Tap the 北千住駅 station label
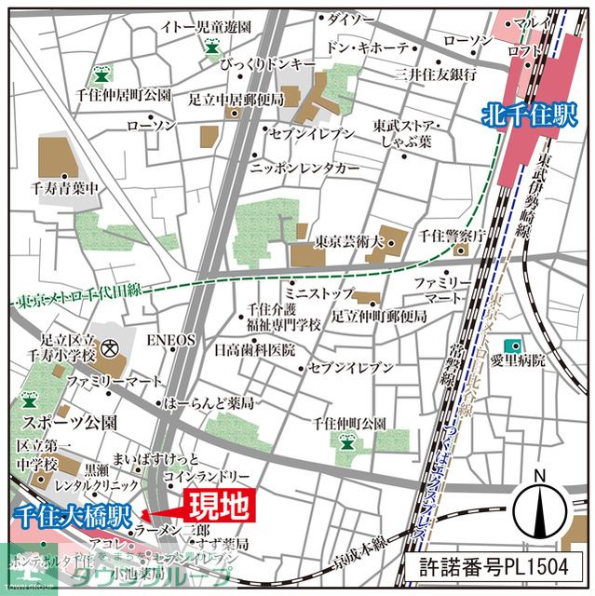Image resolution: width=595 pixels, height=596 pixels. pos(530,115)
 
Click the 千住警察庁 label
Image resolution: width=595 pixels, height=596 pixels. pos(453,236)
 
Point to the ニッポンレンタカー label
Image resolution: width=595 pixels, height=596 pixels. pos(304,168)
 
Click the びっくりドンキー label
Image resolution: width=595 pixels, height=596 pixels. pos(269,64)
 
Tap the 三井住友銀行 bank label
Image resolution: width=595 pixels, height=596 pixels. pos(437,74)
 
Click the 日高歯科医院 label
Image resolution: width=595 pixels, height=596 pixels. pos(254,350)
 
